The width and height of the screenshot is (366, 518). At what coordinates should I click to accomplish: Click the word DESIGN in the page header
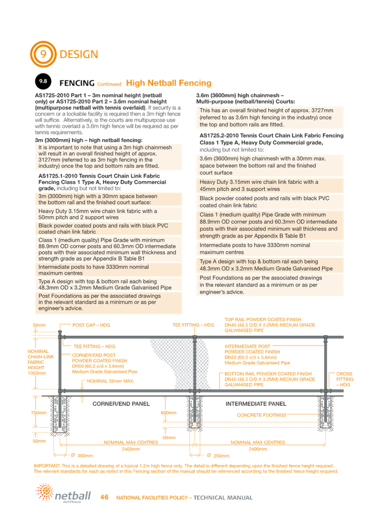point(79,55)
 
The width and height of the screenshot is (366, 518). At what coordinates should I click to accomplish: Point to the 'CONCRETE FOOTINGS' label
point(263,413)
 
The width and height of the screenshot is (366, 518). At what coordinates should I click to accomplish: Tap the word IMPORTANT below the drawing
point(45,465)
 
